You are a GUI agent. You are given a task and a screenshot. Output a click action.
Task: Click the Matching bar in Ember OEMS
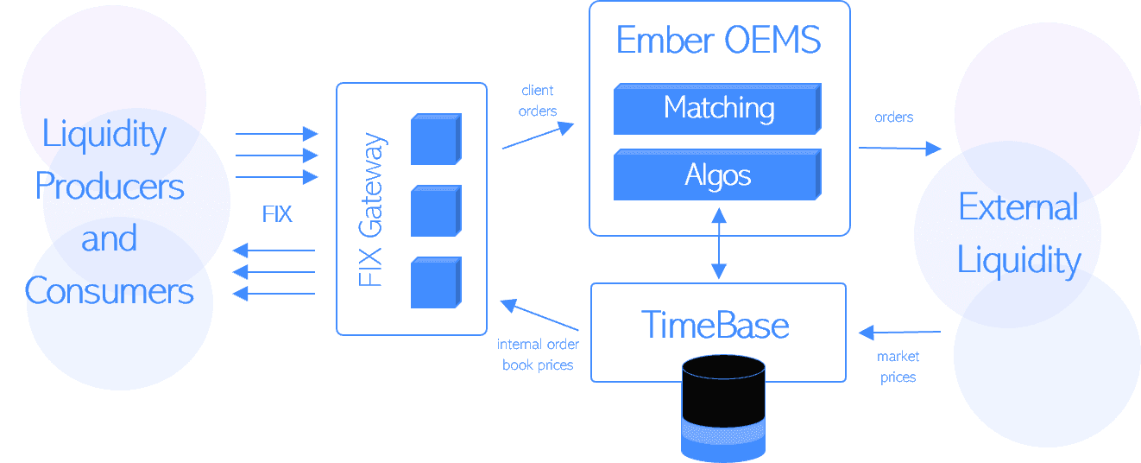coord(717,109)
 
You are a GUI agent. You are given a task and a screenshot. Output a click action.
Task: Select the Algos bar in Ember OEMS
coord(717,175)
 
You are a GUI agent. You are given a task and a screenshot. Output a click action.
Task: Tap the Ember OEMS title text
coord(718,41)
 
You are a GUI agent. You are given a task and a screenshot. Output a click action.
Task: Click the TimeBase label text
coord(715,326)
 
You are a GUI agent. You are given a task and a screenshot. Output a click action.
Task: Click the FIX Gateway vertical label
coord(370,211)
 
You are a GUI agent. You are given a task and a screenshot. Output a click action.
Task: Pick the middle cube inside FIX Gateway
coord(435,210)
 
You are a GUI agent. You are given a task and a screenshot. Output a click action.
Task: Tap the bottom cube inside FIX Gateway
coord(435,282)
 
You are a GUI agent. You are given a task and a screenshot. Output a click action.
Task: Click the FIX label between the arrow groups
coord(277,214)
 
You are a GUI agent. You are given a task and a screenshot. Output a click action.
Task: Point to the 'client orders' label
coord(539,100)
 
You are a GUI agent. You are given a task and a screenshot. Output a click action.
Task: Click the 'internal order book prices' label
coord(538,354)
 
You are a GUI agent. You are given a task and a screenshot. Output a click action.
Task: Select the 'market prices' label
coord(898,367)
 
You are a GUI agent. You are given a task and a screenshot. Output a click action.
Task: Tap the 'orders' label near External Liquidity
coord(893,117)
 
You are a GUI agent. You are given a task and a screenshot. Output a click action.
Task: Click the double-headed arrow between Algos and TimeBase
coord(718,244)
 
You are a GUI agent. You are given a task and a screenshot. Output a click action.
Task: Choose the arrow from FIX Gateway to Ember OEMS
coord(538,136)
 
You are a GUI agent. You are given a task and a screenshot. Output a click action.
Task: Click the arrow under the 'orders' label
coord(898,149)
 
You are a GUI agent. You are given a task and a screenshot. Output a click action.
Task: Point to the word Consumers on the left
coord(110,291)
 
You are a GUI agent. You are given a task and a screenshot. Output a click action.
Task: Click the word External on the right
coord(1018,207)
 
